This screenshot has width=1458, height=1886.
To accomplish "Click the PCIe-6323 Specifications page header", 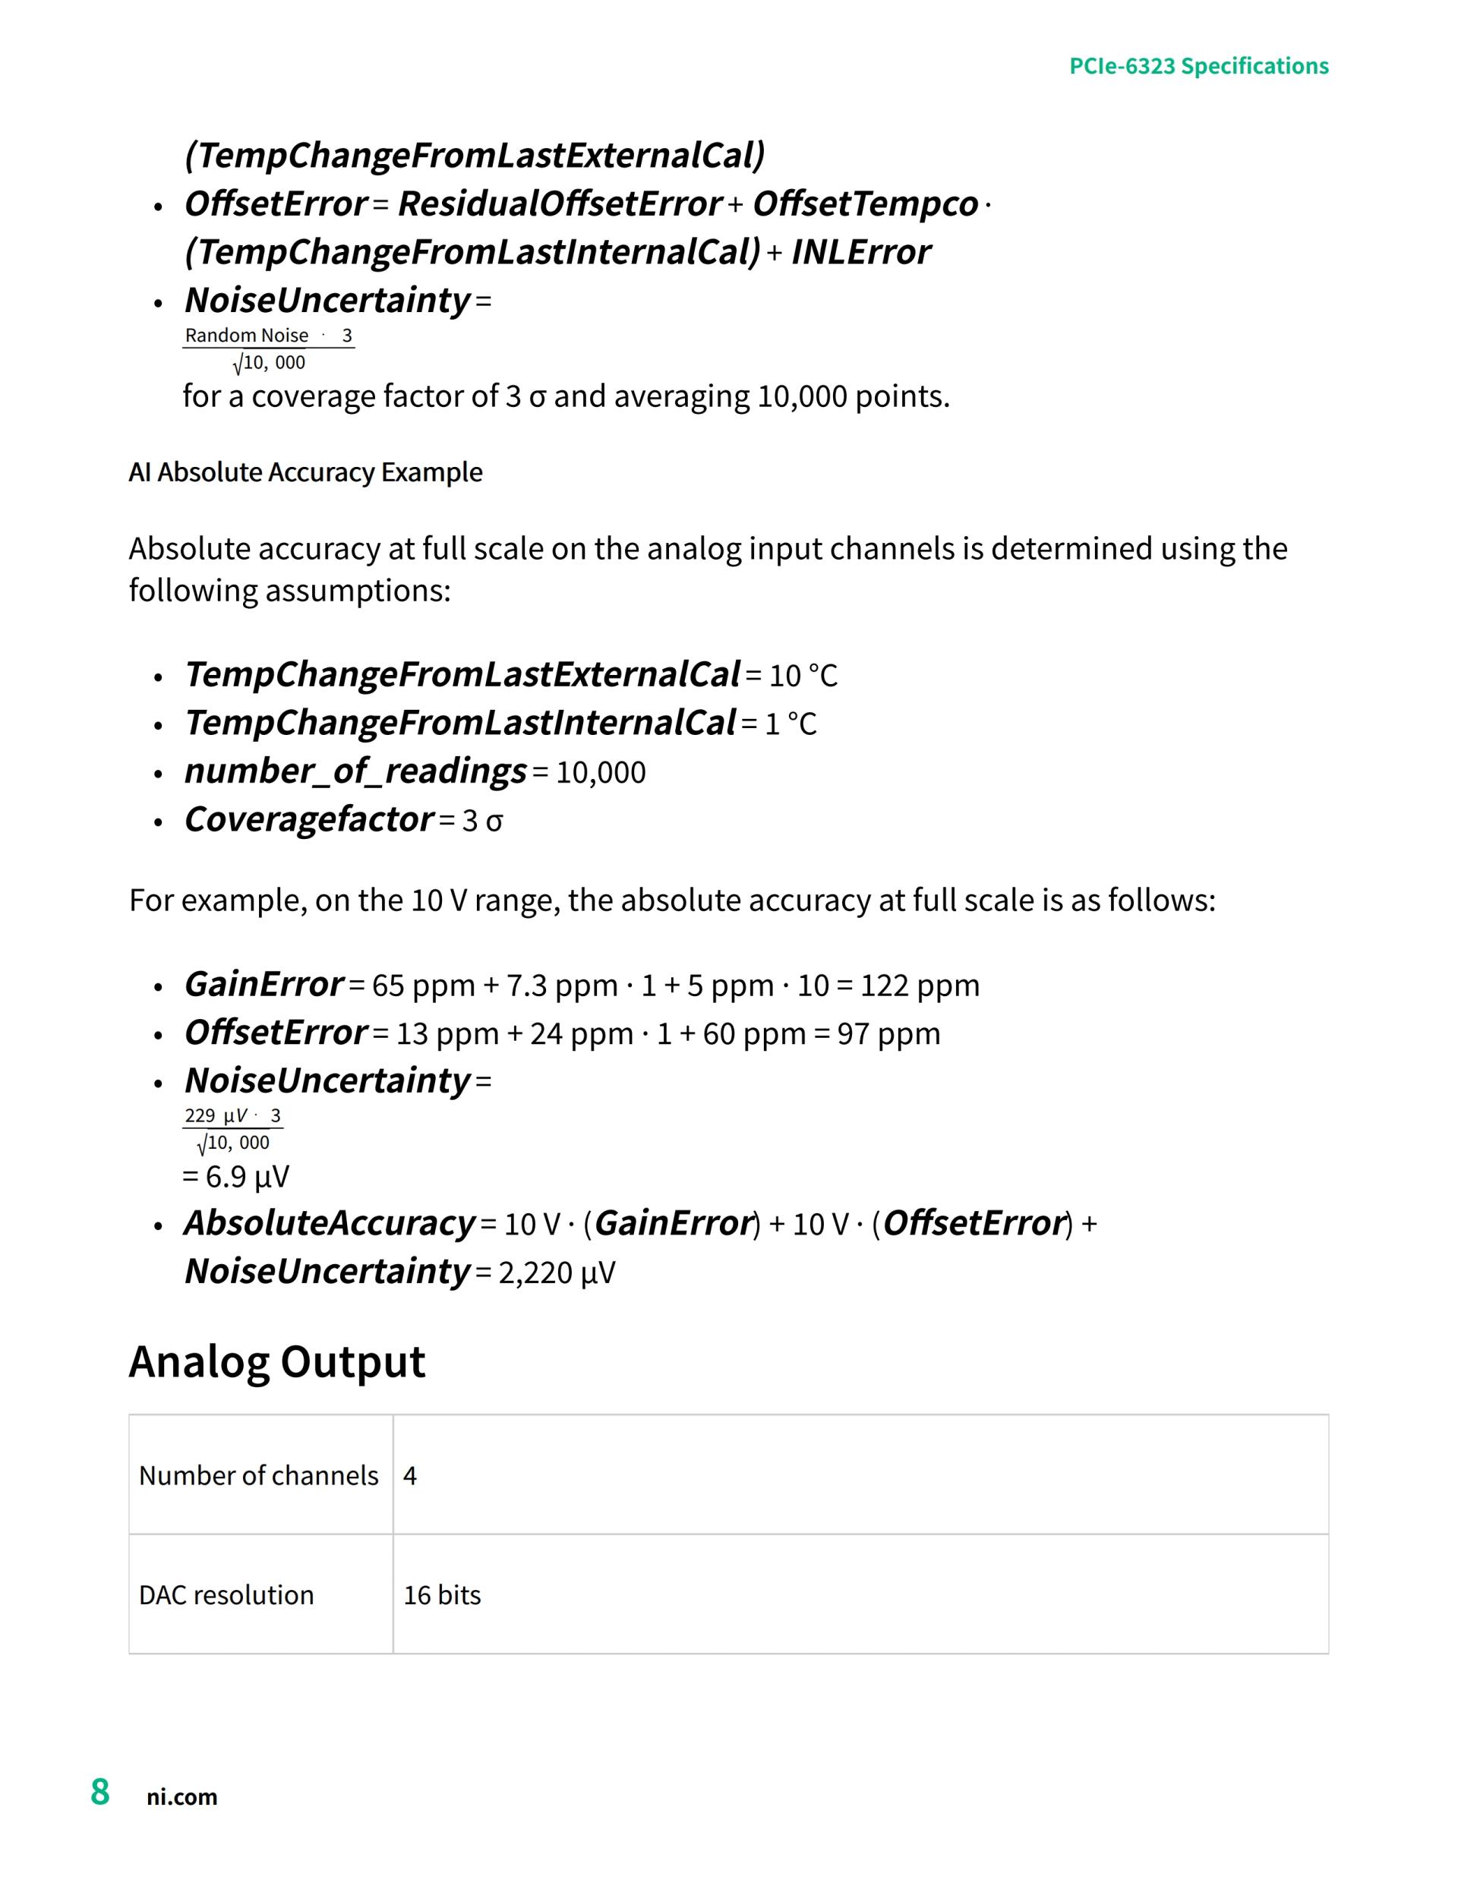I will pos(1198,67).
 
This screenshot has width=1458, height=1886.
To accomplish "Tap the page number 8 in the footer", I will pos(100,1792).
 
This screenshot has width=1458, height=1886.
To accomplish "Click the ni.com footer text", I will pos(181,1797).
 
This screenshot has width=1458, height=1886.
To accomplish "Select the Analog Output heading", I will pos(276,1362).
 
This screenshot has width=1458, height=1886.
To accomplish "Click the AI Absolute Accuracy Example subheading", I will pos(305,472).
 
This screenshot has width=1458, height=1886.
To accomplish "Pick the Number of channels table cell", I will pos(258,1476).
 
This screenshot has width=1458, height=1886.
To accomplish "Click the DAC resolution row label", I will pos(226,1595).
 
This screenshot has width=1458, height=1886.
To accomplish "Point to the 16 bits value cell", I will pos(442,1595).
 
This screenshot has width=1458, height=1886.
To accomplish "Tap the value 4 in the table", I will pos(410,1476).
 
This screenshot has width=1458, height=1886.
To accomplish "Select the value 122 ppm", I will pos(920,986).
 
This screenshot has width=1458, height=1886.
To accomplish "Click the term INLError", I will pos(860,252).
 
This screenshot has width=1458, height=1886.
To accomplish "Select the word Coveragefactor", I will pos(308,818).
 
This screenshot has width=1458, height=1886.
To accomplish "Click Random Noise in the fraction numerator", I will pos(246,335).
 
